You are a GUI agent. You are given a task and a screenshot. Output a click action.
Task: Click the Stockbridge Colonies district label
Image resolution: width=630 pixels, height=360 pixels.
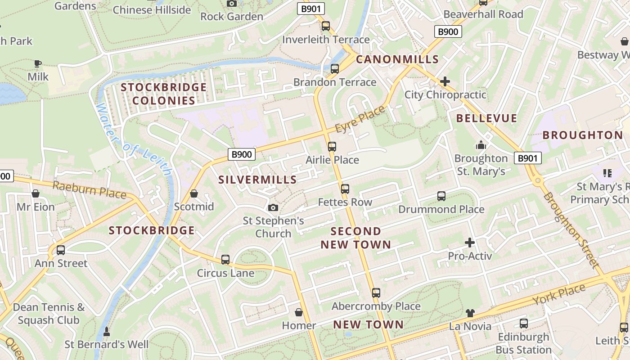(x=164, y=94)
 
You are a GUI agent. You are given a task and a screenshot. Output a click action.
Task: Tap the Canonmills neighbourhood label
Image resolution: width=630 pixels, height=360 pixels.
(x=397, y=59)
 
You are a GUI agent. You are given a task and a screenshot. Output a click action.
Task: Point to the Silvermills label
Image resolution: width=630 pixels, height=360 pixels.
(x=257, y=180)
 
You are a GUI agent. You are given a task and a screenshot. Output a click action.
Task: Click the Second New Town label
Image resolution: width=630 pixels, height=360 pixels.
(x=355, y=238)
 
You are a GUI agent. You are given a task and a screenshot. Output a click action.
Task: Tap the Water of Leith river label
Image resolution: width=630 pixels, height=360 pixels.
(x=134, y=139)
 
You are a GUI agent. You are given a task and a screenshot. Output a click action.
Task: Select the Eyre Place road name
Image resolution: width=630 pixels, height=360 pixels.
(x=360, y=119)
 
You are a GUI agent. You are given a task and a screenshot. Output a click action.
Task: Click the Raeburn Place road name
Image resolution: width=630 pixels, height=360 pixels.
(x=90, y=189)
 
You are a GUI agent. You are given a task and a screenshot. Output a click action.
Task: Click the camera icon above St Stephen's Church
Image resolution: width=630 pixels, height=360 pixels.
(x=273, y=207)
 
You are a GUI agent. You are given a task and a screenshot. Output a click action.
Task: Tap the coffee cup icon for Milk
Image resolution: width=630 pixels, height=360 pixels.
(x=38, y=63)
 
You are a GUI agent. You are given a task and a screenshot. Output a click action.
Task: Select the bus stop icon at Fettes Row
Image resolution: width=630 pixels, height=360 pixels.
(x=345, y=189)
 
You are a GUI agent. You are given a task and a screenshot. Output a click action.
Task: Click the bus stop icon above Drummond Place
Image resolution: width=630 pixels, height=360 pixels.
(x=441, y=196)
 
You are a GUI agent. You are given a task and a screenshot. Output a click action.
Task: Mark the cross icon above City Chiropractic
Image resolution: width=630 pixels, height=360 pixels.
(x=445, y=81)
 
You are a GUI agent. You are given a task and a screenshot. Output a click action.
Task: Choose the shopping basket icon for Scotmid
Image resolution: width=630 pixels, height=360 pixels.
(x=194, y=193)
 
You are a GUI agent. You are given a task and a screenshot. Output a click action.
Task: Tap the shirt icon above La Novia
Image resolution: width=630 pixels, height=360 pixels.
(x=470, y=313)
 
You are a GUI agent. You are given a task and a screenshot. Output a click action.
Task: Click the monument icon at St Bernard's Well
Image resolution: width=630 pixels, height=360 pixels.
(x=107, y=332)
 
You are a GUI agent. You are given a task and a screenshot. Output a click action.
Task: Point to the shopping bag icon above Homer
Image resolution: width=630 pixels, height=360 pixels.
(x=299, y=312)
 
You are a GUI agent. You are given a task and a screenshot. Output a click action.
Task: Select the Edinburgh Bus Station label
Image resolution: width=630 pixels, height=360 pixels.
(x=523, y=343)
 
